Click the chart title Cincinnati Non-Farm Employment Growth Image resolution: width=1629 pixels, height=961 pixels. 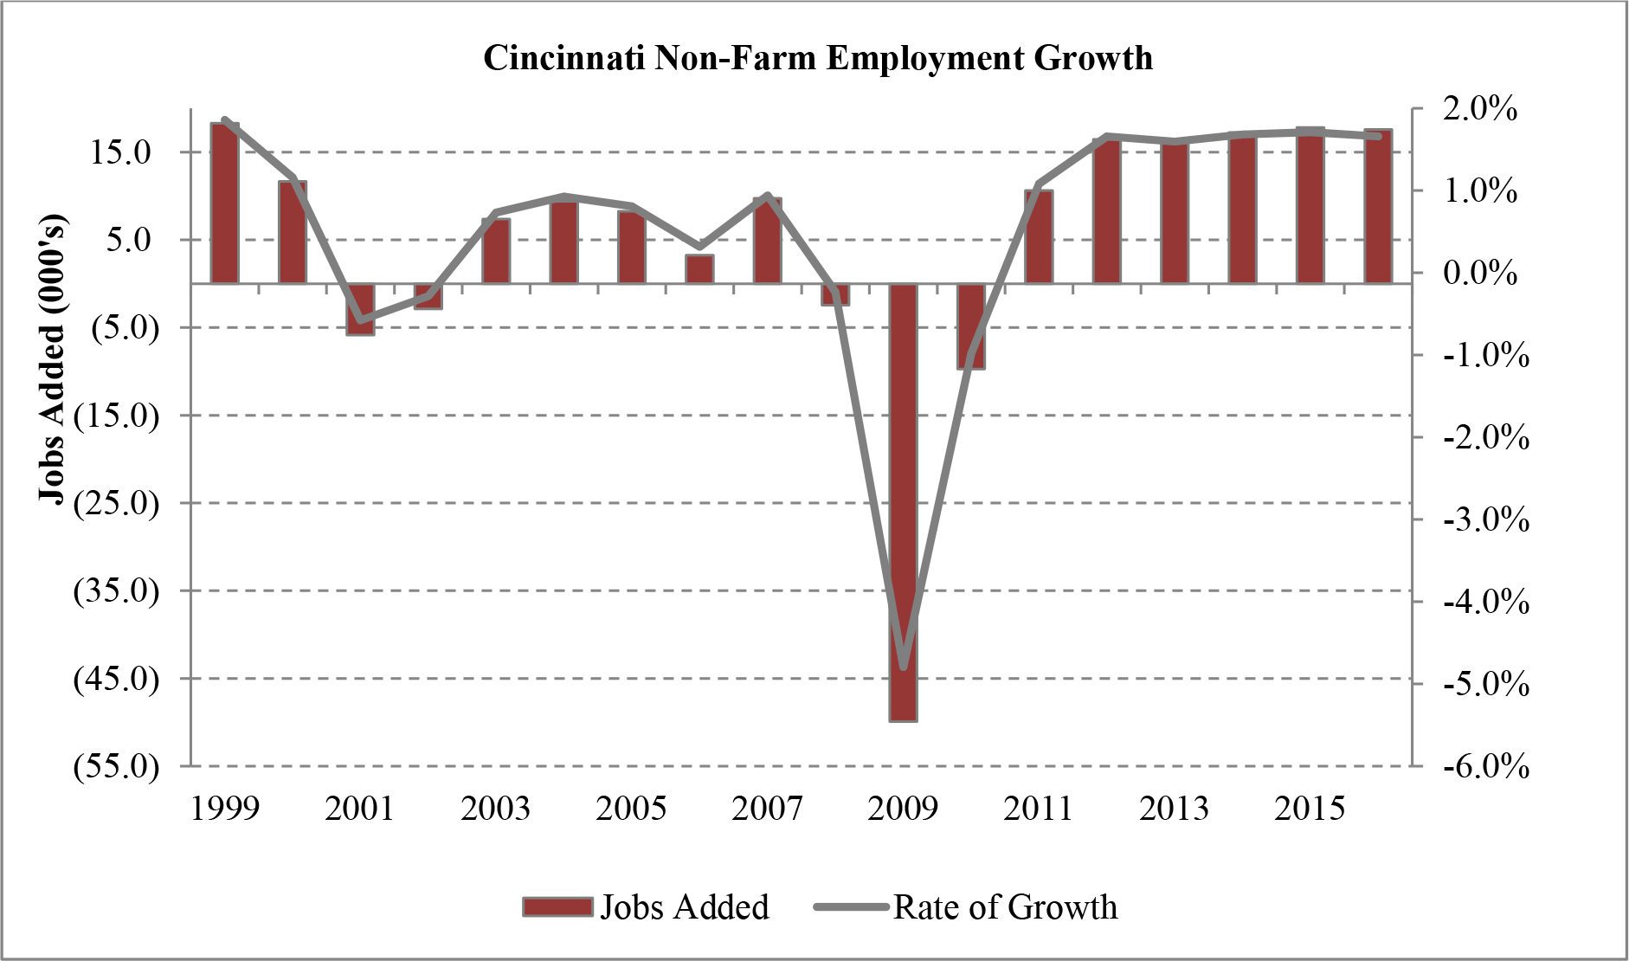click(x=817, y=58)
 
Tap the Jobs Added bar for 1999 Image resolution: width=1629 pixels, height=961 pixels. click(x=224, y=203)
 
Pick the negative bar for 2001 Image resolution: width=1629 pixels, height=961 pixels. click(x=360, y=308)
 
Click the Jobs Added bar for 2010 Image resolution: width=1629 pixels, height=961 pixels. click(x=970, y=326)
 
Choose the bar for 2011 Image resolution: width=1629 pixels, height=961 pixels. click(x=1039, y=236)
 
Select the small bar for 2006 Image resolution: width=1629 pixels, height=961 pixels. click(x=699, y=269)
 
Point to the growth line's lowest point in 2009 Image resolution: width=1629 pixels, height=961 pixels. click(x=904, y=667)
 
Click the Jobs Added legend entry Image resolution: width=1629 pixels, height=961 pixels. click(x=646, y=907)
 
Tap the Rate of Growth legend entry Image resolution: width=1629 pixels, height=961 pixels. click(x=966, y=907)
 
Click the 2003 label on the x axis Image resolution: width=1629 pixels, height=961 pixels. click(x=495, y=809)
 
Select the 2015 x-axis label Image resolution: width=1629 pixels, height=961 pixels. click(x=1310, y=809)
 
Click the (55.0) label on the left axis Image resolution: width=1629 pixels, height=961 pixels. click(x=116, y=766)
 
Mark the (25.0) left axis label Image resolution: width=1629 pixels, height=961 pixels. click(x=116, y=503)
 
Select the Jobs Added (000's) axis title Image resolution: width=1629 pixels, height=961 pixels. click(x=53, y=358)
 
